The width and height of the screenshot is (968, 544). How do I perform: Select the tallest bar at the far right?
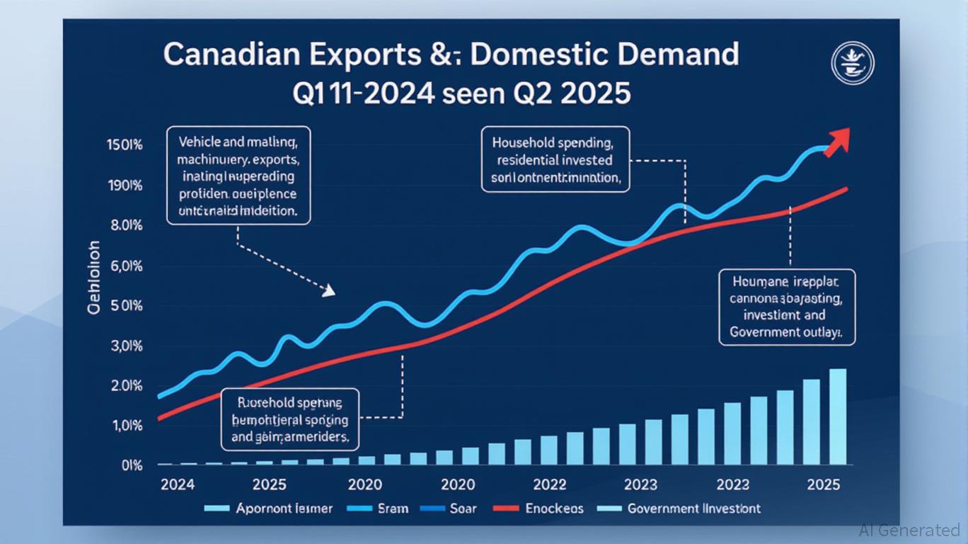[x=837, y=416]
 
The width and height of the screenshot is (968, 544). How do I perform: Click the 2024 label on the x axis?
[x=178, y=485]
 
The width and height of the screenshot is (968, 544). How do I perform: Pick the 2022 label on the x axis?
[x=548, y=485]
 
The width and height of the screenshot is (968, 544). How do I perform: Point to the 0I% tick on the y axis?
[x=132, y=465]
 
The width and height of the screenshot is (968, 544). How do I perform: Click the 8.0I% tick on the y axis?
[x=128, y=226]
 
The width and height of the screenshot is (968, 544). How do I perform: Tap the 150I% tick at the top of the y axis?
[x=126, y=145]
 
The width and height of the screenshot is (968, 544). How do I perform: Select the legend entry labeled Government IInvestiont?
[x=693, y=509]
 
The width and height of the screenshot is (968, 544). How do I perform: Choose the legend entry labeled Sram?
[x=388, y=509]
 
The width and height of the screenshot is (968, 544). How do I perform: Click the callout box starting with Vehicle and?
[x=238, y=176]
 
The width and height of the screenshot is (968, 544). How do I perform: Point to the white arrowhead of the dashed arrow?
[x=328, y=290]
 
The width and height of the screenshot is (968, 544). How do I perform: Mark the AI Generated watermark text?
[x=909, y=530]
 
